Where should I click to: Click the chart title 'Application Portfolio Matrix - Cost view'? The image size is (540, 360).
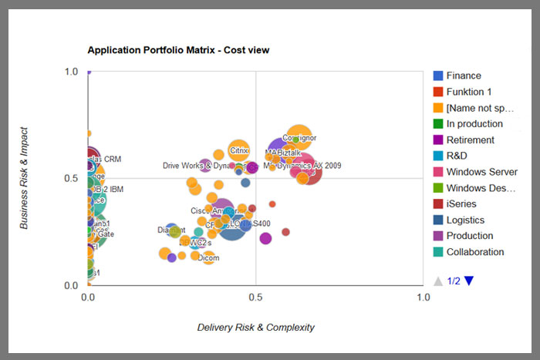click(x=178, y=50)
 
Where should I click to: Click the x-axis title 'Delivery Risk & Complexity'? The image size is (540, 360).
click(x=256, y=328)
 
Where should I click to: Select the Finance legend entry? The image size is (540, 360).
click(x=463, y=76)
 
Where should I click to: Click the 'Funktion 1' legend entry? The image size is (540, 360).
click(x=467, y=92)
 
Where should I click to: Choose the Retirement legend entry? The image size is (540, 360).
click(x=470, y=140)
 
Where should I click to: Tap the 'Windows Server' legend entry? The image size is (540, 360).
click(x=481, y=172)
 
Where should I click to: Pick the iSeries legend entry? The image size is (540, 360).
click(x=461, y=204)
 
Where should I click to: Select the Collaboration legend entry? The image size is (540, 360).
click(x=474, y=252)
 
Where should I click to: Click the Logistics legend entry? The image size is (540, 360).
click(x=465, y=220)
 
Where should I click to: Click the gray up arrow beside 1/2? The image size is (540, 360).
click(x=438, y=281)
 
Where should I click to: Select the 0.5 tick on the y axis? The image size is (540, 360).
click(x=73, y=178)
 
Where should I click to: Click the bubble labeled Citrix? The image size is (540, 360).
click(x=240, y=150)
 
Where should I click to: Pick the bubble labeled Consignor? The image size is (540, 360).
click(x=299, y=139)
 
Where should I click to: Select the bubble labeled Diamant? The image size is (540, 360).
click(x=171, y=230)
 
